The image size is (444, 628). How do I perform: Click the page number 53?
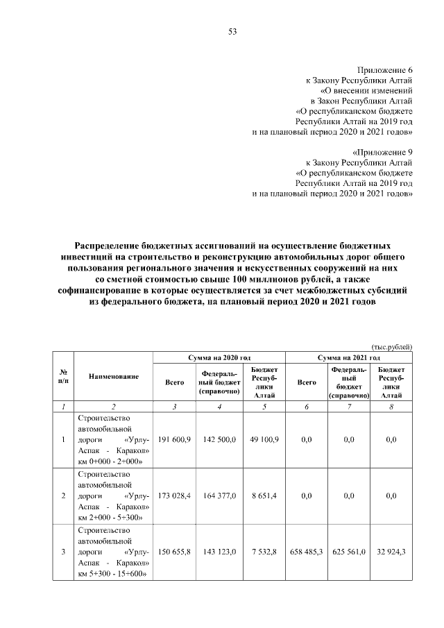(232, 31)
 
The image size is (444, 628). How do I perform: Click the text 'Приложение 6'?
(385, 71)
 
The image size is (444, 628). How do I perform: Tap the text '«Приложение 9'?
(383, 151)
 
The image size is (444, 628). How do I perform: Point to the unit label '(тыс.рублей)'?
(392, 347)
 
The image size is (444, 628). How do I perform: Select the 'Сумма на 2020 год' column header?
(220, 357)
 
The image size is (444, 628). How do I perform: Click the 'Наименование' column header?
(114, 376)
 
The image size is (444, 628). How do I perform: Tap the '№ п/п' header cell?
(63, 376)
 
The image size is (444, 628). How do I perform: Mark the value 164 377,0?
(220, 496)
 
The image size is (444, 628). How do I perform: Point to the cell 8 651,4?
(264, 496)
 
